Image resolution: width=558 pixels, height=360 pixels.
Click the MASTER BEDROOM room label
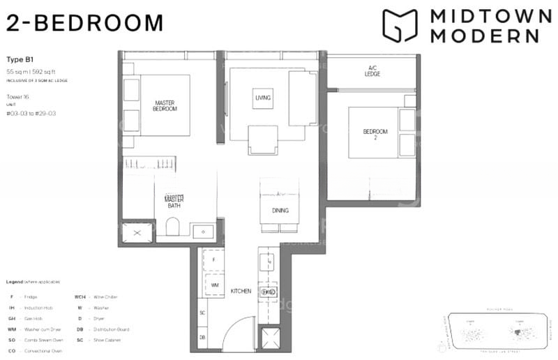165,106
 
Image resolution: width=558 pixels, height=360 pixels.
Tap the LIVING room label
263,98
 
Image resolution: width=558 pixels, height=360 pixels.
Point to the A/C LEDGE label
372,71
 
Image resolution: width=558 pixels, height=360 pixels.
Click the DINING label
280,211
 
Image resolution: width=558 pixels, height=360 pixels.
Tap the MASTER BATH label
174,202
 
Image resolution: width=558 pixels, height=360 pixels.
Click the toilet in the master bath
174,227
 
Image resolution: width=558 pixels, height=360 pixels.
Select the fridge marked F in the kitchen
215,260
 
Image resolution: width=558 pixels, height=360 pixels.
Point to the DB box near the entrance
202,337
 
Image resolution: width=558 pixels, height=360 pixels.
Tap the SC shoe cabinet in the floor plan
202,313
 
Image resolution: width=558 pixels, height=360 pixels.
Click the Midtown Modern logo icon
399,26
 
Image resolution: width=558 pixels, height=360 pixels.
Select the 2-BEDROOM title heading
84,23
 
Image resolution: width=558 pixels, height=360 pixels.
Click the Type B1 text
18,61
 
